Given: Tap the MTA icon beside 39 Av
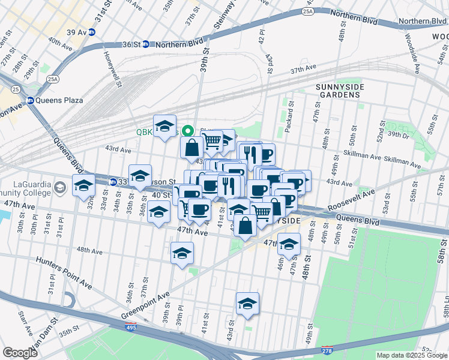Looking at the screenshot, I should point(92,32).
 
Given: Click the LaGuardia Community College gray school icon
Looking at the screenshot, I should point(59,188).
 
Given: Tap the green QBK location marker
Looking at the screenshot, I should point(188,130).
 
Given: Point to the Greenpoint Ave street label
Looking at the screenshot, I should point(146,305).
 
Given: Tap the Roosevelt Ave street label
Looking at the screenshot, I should point(351,201).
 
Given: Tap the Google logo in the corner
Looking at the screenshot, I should point(20,352).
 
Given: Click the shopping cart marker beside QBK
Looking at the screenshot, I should point(212,141).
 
